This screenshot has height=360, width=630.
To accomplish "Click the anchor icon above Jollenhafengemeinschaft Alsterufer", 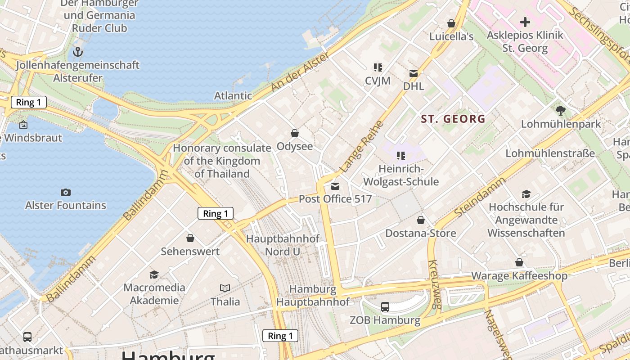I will pos(78,52).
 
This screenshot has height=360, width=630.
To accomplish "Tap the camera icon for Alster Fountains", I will pos(66,192).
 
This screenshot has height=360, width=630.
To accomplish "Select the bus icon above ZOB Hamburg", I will pos(385,307).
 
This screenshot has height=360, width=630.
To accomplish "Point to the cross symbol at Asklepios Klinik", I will pos(525,22).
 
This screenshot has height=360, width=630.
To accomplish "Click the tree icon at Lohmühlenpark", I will pos(561,110).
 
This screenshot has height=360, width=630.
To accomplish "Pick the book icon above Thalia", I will pos(225,288).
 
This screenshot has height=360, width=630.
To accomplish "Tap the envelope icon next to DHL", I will pos(414,73).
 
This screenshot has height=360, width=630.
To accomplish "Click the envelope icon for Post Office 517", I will pos(335,186).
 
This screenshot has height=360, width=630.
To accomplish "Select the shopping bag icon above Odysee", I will pos(295,133).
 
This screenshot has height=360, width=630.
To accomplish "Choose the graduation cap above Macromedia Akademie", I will pos(154,274).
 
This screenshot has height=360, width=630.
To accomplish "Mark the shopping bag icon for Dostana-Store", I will pos(421,220).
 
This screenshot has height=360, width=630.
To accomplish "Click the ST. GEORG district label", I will pos(453,119).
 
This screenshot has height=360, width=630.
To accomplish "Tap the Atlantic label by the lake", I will pos(233,95).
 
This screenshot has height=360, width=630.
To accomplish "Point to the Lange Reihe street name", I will pos(362,147).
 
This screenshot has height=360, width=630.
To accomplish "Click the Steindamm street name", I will pos(480,196).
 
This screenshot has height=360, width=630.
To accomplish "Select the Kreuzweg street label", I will pos(434,284).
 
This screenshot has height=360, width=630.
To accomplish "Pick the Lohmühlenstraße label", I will pos(550,153).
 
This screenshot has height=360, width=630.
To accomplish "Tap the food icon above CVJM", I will pos(378,67).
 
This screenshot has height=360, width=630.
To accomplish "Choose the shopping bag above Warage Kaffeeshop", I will pos(519,262).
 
